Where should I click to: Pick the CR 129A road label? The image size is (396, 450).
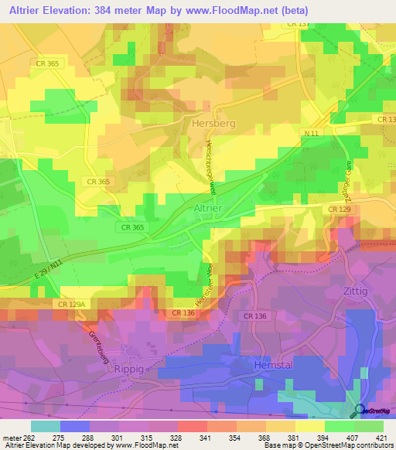(x=71, y=305)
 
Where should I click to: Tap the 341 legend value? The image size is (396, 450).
(x=207, y=437)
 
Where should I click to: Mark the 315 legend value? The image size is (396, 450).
(x=148, y=437)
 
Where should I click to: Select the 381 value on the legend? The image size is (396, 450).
(x=295, y=437)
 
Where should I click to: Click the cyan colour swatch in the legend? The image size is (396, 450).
(x=45, y=425)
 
